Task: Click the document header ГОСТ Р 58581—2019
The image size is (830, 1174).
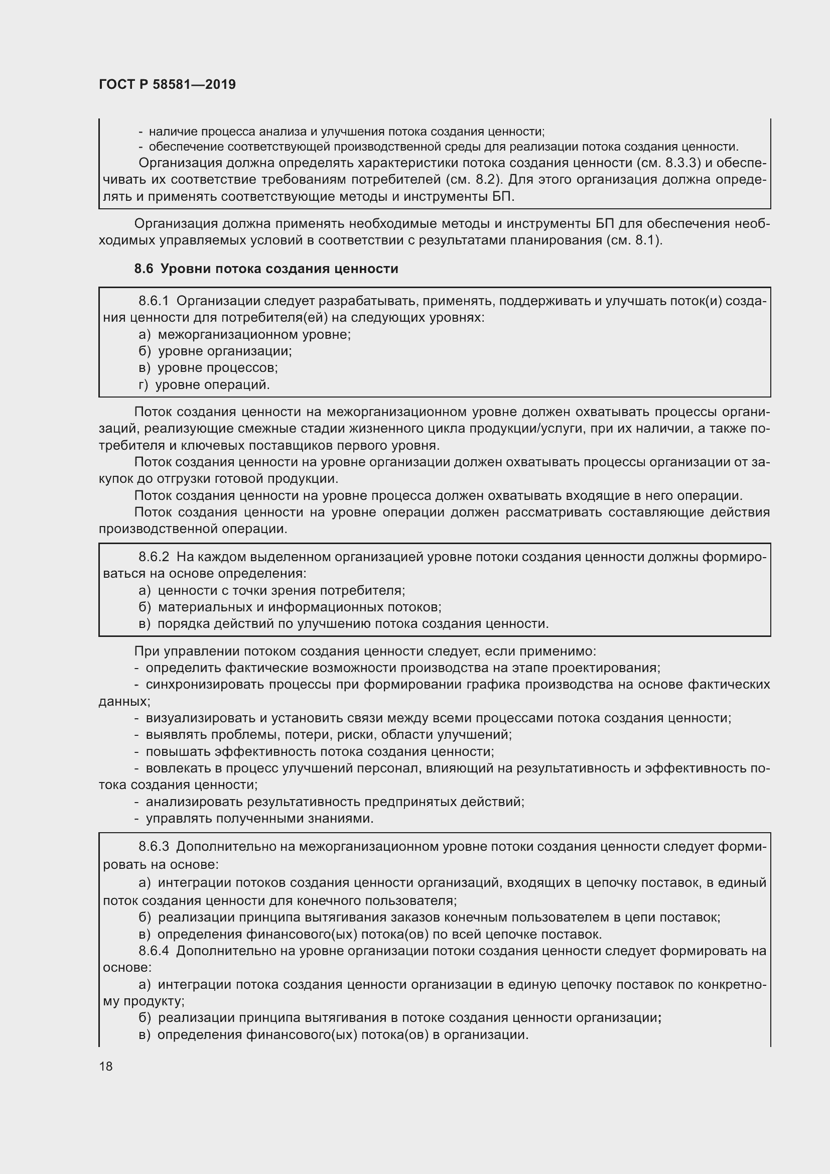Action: tap(167, 84)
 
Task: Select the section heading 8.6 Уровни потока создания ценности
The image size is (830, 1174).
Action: tap(266, 269)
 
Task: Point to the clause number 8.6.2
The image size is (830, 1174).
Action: tap(154, 557)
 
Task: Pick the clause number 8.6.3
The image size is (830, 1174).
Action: tap(154, 846)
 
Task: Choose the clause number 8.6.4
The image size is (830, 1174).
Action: tap(154, 951)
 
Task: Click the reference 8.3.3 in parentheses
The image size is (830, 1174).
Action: tap(682, 163)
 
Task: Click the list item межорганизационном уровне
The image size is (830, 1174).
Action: tap(254, 334)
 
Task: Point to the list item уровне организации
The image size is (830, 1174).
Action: tap(225, 351)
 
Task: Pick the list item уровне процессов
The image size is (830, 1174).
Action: tap(218, 367)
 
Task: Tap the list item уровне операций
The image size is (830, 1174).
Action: tap(213, 384)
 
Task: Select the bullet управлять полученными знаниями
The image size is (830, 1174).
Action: tap(259, 818)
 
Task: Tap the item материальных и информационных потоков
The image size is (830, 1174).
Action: tap(300, 607)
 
